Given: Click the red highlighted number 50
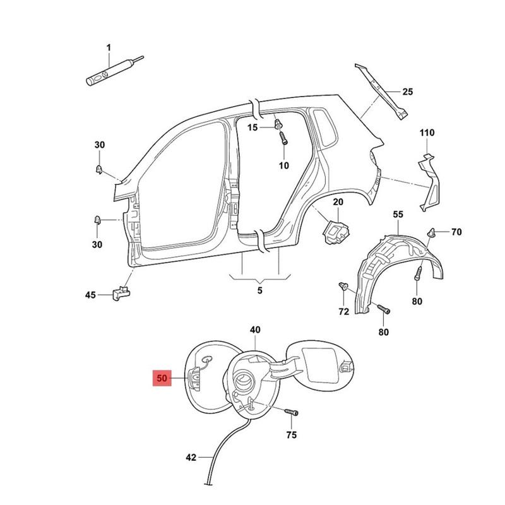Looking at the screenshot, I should (x=162, y=379).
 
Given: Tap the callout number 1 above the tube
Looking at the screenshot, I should (x=108, y=48).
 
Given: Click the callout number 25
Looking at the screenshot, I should (x=407, y=92).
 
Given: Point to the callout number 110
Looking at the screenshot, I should (x=427, y=133).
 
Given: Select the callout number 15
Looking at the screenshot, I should (x=252, y=128).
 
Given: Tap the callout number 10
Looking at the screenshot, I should (x=283, y=165).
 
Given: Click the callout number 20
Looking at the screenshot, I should (x=337, y=202).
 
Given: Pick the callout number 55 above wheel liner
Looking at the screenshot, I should (x=398, y=215).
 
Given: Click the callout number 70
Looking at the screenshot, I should (x=456, y=232).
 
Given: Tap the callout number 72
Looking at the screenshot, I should (x=343, y=312).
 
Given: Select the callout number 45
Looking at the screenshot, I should (x=91, y=295).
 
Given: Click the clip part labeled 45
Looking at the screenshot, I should (x=121, y=292).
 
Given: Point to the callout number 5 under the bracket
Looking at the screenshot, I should (x=259, y=290).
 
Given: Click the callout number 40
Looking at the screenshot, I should (x=255, y=330).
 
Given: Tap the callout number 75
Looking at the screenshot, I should (x=291, y=435).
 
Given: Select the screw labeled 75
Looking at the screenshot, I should (x=290, y=412).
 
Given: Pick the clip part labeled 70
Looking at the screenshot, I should (x=433, y=233).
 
